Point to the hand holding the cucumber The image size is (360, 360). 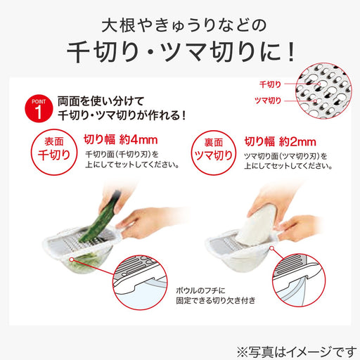[x=120, y=181]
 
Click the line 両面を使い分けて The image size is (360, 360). [x=108, y=100]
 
